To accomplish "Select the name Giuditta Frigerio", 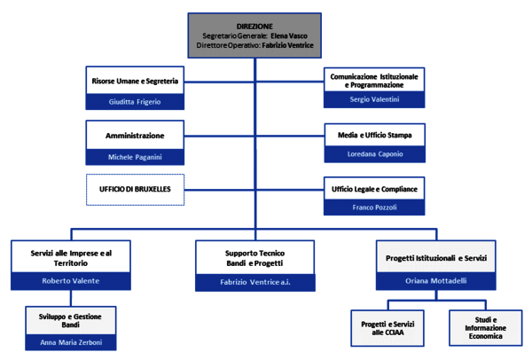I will pos(135,102).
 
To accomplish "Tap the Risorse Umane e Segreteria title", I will pos(135,81).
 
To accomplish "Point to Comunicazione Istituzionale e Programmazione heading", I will pos(373,80).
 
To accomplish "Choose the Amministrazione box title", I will pos(135,136).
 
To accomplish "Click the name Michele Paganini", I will pos(135,157).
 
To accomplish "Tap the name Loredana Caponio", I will pos(373,153).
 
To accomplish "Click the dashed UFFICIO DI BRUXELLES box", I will pos(135,191).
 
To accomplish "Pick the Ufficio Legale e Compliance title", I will pos(373,190).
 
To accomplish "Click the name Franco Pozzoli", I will pos(373,208).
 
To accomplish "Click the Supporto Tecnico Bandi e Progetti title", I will pos(254,258).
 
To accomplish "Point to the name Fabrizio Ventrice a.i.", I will pos(254,282).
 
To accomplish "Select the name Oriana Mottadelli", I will pos(436,281).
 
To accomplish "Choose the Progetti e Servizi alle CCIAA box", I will pos(387,328).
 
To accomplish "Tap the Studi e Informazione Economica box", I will pos(486,328).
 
